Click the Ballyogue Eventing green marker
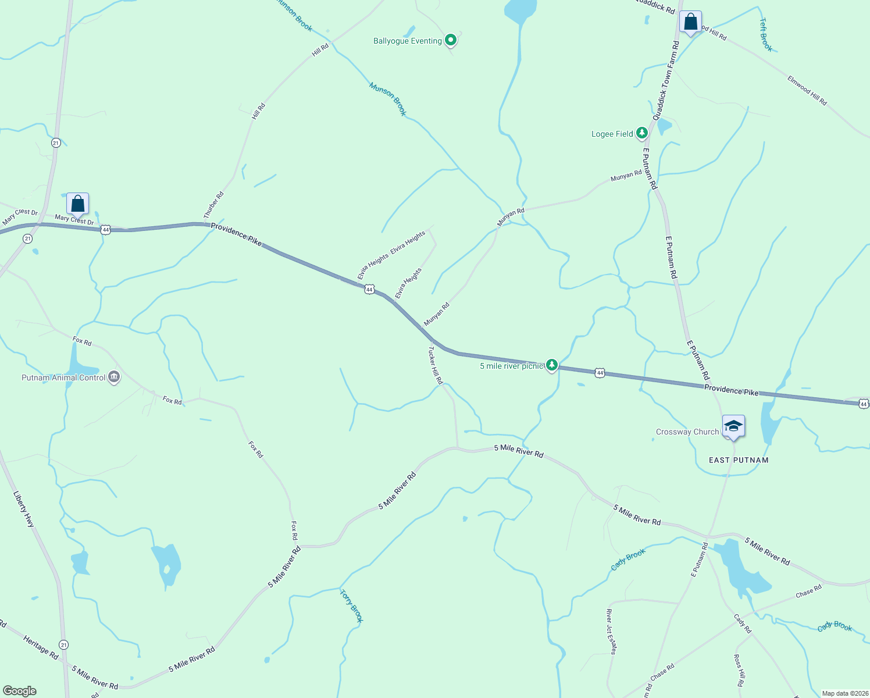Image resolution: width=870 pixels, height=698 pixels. pos(450,40)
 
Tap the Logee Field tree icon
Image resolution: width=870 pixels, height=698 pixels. pos(641,133)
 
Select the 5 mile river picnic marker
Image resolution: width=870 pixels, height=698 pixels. pos(551,365)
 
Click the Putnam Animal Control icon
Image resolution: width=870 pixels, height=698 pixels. pos(114,378)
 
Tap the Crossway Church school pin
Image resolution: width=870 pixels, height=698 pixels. pos(733,426)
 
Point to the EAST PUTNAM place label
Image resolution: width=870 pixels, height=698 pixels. pos(739,460)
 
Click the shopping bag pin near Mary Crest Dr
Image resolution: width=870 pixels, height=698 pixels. pos(77,204)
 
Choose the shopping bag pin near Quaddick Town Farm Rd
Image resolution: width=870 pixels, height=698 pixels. pos(690,23)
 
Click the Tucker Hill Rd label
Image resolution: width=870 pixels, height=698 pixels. pos(436,365)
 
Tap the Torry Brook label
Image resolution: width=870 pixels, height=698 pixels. pos(351,606)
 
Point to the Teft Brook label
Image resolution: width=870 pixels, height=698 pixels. pos(766,34)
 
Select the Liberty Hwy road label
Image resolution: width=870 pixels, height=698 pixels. pos(24,510)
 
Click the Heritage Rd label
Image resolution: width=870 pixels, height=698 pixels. pos(41,647)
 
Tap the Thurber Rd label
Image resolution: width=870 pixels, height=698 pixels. pos(213,205)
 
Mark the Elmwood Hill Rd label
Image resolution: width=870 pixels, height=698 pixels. pos(807,90)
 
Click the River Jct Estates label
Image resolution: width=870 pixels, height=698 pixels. pos(611,632)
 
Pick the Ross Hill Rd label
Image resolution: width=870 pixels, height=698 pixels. pos(739,671)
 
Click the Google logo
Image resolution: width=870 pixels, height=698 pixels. pos(20,691)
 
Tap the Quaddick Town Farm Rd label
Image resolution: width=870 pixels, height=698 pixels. pos(665,80)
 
